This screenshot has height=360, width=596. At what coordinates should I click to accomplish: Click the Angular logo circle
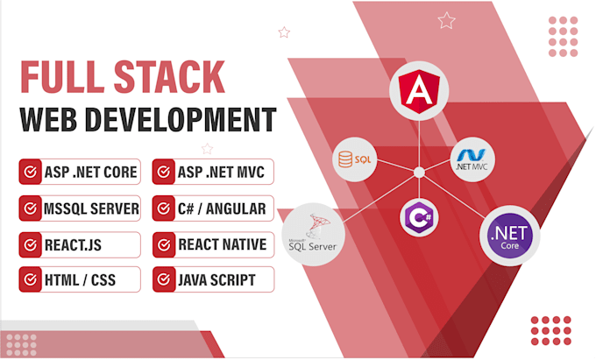point(418,90)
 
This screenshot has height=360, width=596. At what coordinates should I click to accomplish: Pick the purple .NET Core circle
point(510,236)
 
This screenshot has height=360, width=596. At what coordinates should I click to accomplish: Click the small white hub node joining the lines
point(419,172)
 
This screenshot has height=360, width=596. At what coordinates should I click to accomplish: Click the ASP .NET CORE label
point(90,173)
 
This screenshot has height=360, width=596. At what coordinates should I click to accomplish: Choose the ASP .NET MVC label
point(223,173)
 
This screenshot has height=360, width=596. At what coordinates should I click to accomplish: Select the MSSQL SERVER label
point(90,208)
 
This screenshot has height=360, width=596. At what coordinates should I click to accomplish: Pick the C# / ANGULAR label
point(223,208)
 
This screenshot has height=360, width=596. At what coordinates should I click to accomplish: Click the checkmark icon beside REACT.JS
point(31,244)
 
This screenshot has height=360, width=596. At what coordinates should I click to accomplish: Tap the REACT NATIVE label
point(223,244)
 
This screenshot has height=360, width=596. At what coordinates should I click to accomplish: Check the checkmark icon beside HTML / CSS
point(31,280)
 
